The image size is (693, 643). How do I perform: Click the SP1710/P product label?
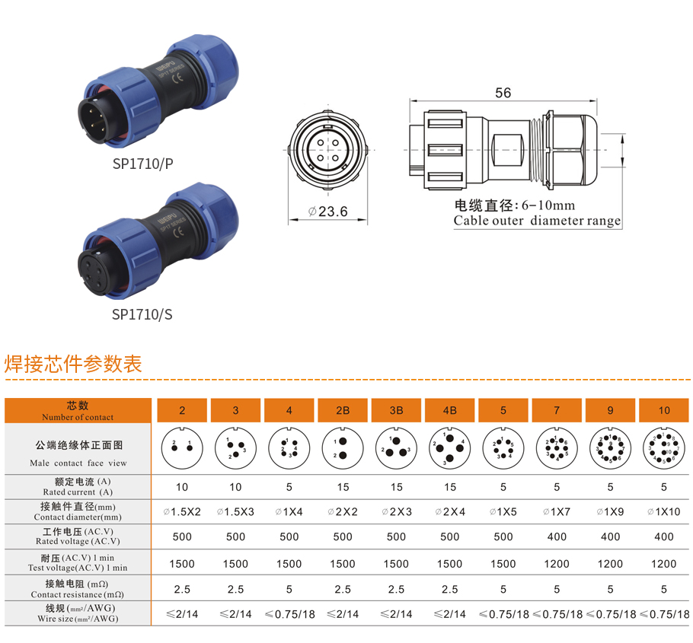pos(142,164)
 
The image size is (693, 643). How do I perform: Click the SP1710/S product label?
pos(142,314)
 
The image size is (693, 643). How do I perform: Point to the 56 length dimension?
pos(503,93)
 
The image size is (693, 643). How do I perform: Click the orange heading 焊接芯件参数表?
pos(73,364)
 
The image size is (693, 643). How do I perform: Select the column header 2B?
pos(343,410)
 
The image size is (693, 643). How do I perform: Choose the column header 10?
pos(664,410)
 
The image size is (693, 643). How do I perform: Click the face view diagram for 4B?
pos(450,449)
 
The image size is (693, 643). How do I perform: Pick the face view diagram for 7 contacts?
pos(557,449)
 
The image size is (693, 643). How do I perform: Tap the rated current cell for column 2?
pos(182,487)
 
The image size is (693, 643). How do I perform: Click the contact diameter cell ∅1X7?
pos(557,512)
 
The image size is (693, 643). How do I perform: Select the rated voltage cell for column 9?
pos(611,536)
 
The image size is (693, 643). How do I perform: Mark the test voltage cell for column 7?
pos(557,564)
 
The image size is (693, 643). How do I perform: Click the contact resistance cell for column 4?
pos(289,589)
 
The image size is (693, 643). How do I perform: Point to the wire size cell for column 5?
pos(503,614)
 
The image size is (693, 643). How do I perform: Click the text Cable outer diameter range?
pos(537,221)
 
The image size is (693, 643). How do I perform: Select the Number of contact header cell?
pos(78,411)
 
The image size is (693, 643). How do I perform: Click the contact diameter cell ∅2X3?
pos(396,512)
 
